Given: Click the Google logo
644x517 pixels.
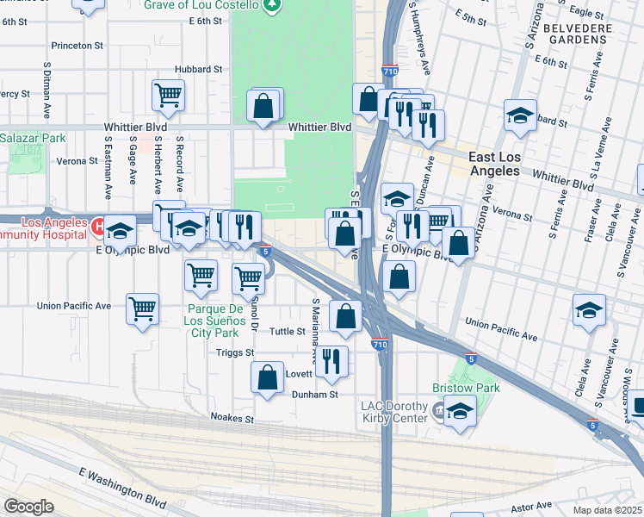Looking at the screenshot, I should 28,507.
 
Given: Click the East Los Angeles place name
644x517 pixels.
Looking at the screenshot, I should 505,164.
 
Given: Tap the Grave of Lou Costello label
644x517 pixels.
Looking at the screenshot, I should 206,5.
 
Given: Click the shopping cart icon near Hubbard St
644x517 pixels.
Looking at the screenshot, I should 168,95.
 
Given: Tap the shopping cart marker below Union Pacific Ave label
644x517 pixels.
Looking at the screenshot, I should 142,308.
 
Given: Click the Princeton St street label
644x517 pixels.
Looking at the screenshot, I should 78,44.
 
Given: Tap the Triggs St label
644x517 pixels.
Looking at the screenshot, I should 236,352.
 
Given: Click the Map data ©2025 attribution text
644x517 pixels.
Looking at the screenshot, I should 608,510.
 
